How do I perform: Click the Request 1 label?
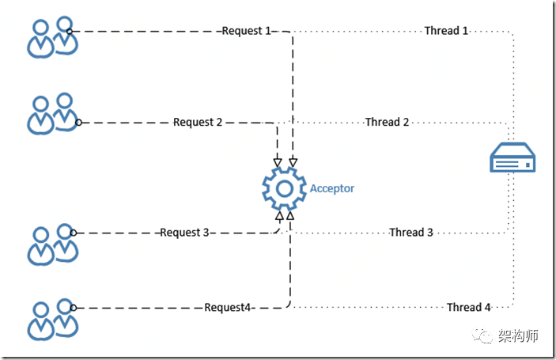(x=246, y=31)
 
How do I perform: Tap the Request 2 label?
(x=198, y=122)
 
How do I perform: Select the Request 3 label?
(x=184, y=233)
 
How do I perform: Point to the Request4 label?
(x=228, y=307)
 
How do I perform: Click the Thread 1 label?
(x=446, y=31)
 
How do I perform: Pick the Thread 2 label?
(x=387, y=122)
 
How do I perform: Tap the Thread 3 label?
(x=411, y=233)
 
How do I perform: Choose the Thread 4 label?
(x=469, y=307)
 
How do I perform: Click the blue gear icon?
(x=284, y=188)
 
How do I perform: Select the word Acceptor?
(x=332, y=188)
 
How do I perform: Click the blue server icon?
(x=512, y=161)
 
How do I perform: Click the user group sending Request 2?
(x=53, y=114)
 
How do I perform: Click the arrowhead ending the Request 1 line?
(x=293, y=163)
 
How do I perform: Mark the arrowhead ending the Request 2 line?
(x=277, y=163)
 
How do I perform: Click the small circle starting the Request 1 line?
(x=70, y=32)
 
